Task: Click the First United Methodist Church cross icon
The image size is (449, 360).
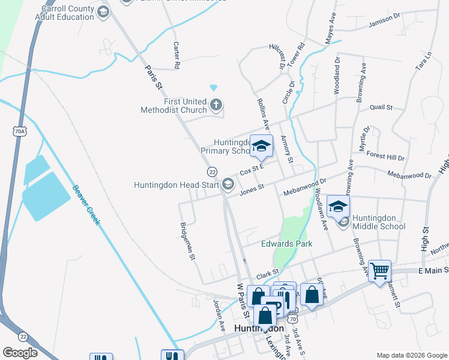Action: pos(216,106)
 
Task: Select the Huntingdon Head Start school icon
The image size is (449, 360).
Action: pos(228,184)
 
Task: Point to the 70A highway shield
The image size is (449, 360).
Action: pos(20,130)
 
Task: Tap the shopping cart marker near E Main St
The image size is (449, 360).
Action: pos(379,271)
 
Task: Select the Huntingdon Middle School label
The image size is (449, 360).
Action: pos(379,221)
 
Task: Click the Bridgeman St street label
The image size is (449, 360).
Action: pos(188,241)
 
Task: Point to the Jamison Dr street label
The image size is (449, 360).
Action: pos(384,20)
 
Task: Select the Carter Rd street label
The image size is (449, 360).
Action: pos(176,54)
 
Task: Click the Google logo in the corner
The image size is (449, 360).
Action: pos(20,353)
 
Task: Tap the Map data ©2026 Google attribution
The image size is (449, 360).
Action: pos(411,355)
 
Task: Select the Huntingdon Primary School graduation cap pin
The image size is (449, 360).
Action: pos(261,146)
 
